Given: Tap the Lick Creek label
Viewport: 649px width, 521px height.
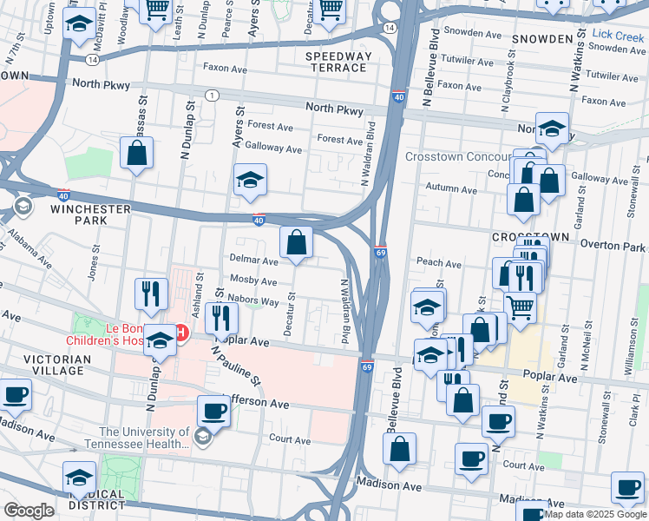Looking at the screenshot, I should click(x=619, y=35).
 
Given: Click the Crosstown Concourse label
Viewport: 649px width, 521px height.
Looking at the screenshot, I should click(x=457, y=156).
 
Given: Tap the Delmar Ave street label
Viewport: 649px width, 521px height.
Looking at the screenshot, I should click(x=253, y=260).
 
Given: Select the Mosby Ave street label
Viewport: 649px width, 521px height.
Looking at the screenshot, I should click(x=253, y=281).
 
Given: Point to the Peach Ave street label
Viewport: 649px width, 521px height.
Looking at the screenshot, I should click(x=438, y=262).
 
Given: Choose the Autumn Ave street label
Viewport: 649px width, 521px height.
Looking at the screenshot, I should click(x=450, y=189).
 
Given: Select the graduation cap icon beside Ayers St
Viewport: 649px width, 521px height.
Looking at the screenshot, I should click(x=250, y=180).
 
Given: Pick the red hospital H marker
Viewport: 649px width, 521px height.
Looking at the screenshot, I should click(x=181, y=332).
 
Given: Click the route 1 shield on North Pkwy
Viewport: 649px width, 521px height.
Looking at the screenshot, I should click(x=211, y=94).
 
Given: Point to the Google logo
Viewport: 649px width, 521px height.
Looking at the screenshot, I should click(x=29, y=511).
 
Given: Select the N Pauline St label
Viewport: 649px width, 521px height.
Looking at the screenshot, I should click(x=235, y=364).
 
